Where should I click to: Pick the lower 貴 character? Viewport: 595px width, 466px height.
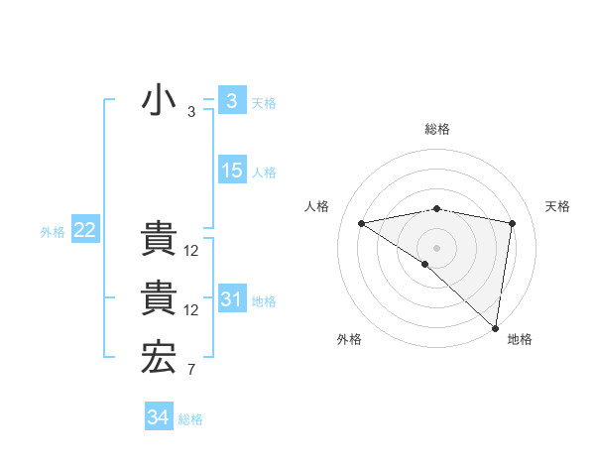tap(159, 298)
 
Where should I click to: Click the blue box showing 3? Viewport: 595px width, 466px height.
tap(231, 100)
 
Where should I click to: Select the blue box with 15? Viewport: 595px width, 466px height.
tap(231, 170)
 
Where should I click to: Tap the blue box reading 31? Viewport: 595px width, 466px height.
tap(231, 298)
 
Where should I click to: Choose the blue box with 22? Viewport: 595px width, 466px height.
tap(84, 230)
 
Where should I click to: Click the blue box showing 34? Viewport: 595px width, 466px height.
tap(158, 417)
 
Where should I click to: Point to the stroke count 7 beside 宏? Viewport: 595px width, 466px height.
tap(191, 370)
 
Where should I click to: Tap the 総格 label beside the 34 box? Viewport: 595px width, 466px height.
tap(190, 419)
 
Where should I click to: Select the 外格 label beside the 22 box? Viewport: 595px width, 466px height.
tap(53, 232)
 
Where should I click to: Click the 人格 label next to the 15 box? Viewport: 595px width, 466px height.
tap(264, 173)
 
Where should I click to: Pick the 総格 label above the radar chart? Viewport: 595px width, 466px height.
tap(436, 129)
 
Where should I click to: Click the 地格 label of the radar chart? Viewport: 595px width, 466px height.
tap(520, 339)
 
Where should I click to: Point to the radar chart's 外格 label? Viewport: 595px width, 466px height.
tap(349, 339)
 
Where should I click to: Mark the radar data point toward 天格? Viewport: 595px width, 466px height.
tap(513, 223)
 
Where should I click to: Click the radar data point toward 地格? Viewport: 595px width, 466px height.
tap(495, 327)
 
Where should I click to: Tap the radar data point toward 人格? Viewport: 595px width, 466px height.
tap(362, 223)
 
